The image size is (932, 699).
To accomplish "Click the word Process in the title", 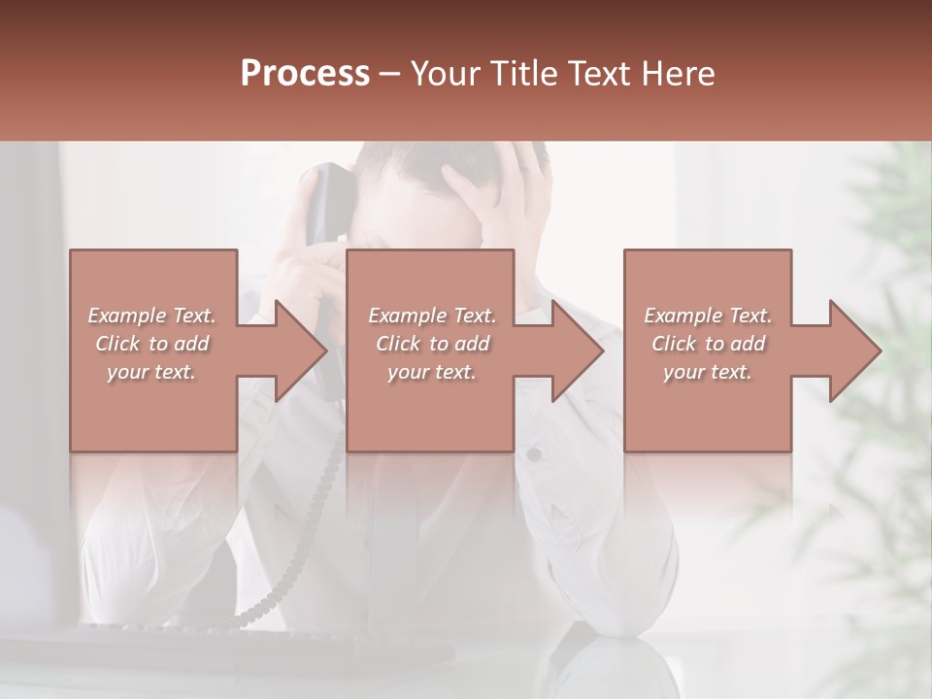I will (x=305, y=74).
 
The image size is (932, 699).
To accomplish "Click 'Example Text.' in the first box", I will (x=152, y=316).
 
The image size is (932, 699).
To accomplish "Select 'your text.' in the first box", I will (x=152, y=372).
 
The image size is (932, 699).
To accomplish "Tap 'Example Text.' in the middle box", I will (x=432, y=316).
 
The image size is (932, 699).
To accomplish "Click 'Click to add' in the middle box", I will (x=432, y=344).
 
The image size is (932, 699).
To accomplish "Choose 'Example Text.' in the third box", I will (x=708, y=316).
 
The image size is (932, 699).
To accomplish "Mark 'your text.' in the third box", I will (x=708, y=372).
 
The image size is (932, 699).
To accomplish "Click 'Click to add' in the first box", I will (x=152, y=344).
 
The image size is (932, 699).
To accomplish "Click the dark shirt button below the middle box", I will (x=534, y=454).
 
